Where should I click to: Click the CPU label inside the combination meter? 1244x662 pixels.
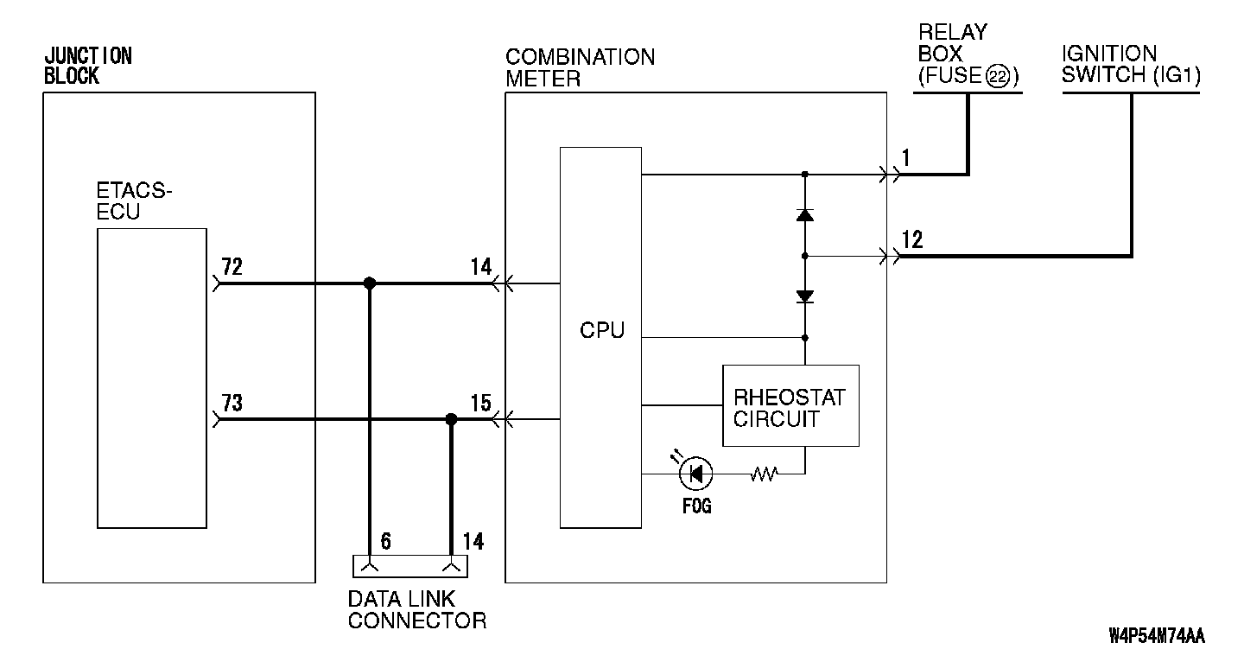coord(602,330)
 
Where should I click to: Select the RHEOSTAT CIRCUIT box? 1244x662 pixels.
coord(790,406)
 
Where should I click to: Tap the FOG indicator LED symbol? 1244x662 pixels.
coord(695,473)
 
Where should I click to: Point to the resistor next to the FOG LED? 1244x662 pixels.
coord(765,473)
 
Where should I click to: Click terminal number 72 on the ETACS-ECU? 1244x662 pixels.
coord(232,265)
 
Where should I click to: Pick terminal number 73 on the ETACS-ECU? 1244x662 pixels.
coord(232,403)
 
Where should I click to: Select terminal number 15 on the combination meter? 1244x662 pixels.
coord(480,403)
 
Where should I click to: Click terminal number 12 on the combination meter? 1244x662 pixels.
coord(911,239)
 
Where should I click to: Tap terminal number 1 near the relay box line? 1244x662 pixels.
coord(905,157)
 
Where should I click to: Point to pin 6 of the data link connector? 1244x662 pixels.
coord(385,542)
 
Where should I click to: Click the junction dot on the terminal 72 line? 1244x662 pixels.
coord(370,283)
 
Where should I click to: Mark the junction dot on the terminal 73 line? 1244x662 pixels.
coord(450,419)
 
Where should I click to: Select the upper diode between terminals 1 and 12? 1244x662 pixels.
coord(805,214)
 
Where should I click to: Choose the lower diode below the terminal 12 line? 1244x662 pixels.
coord(805,296)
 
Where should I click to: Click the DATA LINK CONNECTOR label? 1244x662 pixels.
coord(416,609)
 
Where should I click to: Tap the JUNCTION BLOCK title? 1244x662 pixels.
coord(87,66)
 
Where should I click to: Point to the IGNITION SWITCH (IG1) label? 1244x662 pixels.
coord(1130,66)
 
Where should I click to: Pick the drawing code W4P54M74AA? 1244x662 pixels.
coord(1156,638)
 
